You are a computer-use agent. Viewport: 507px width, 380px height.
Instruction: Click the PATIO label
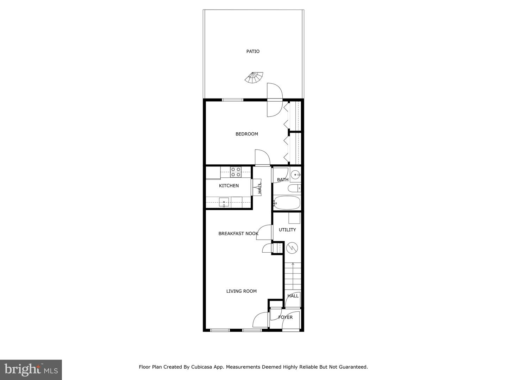(253, 51)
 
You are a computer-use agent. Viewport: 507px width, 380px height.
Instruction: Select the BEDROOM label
(246, 134)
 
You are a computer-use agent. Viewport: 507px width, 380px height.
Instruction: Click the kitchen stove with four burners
(236, 172)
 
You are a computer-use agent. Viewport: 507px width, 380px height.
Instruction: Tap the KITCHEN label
(229, 185)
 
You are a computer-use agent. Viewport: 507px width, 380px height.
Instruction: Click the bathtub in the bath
(287, 203)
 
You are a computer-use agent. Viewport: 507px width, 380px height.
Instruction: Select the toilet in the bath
(294, 189)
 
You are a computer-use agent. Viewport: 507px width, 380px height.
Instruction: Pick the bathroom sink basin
(296, 174)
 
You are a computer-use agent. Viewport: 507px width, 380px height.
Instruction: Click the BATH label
(283, 180)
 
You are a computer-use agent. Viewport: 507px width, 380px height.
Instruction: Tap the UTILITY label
(287, 230)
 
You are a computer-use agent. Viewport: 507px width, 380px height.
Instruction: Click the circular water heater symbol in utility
(292, 248)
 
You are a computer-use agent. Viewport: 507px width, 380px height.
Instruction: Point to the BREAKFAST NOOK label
(238, 233)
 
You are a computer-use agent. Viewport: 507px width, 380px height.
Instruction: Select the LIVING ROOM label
(241, 291)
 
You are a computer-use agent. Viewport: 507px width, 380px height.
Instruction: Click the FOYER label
(285, 317)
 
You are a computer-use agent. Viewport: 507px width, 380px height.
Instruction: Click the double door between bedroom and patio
(275, 100)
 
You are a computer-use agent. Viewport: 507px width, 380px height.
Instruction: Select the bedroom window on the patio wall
(232, 100)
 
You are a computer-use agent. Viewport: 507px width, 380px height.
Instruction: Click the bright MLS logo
(31, 369)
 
